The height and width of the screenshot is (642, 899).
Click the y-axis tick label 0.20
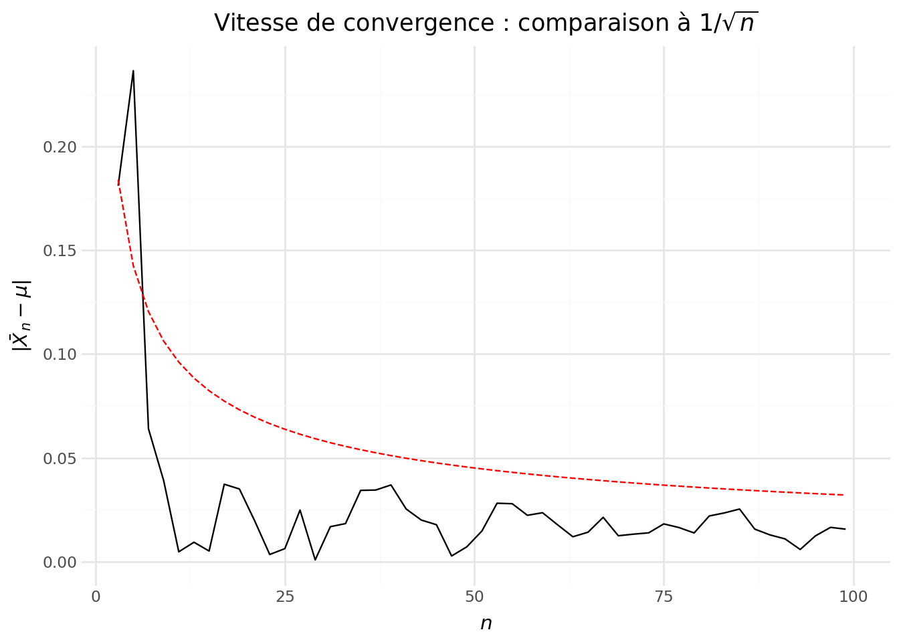click(x=60, y=147)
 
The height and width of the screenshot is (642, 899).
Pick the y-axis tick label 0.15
click(x=60, y=251)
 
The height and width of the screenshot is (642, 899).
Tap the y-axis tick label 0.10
click(x=60, y=354)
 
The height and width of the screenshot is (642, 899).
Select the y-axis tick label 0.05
click(x=60, y=459)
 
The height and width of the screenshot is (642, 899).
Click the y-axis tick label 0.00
click(x=60, y=562)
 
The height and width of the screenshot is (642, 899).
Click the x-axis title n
click(x=486, y=623)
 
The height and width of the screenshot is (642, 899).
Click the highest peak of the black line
click(x=133, y=70)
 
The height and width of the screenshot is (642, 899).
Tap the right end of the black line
click(x=845, y=529)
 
